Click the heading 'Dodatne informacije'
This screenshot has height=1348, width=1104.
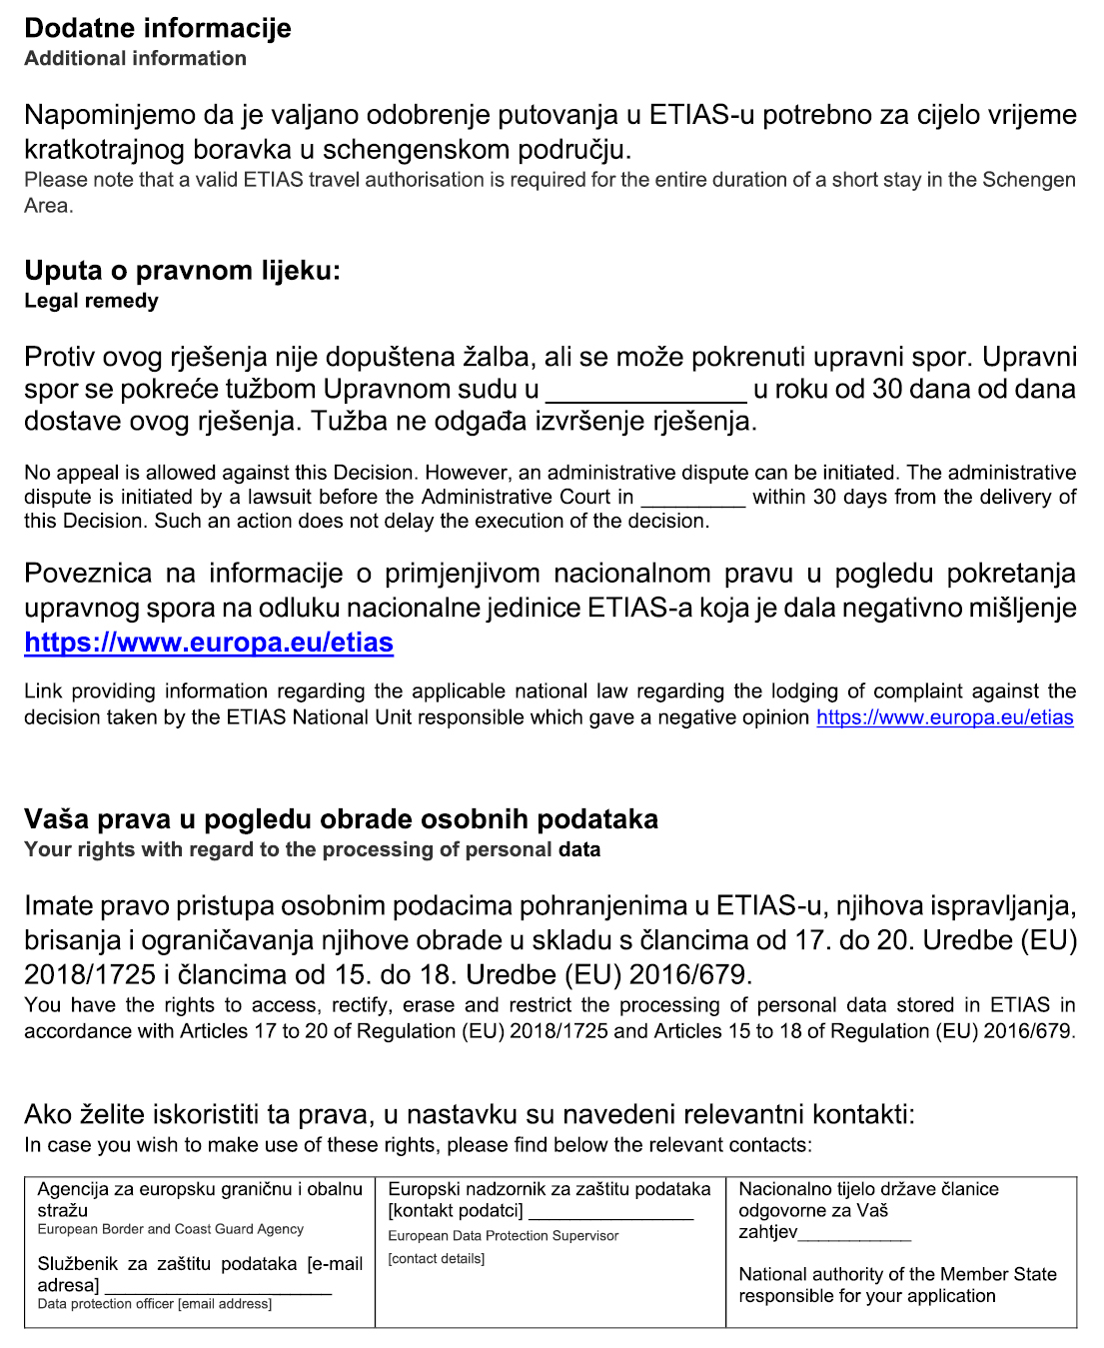tap(158, 28)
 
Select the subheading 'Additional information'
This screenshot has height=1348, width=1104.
tap(135, 59)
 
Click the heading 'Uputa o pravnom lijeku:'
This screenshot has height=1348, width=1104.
tap(182, 271)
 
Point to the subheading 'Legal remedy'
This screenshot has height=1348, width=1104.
tap(91, 301)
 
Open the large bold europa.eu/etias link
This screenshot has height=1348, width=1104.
tap(209, 643)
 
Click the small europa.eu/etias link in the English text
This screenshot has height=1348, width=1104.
tap(944, 717)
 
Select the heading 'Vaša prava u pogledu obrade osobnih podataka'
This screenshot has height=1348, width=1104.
tap(341, 819)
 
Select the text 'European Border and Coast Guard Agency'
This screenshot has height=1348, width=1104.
tap(170, 1230)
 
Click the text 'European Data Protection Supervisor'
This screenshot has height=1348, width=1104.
tap(503, 1237)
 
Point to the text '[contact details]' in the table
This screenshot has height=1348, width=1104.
tap(436, 1259)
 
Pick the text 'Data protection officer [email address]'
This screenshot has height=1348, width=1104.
tap(154, 1304)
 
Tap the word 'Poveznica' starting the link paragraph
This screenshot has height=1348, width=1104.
tap(88, 574)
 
